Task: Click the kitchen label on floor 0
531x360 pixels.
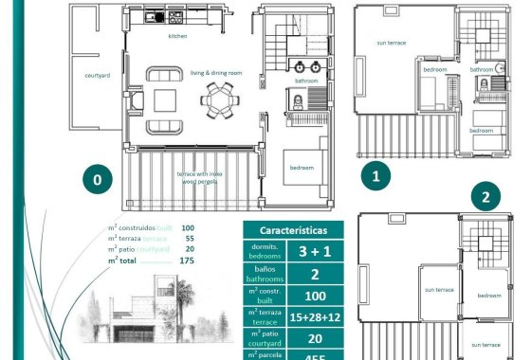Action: point(177,37)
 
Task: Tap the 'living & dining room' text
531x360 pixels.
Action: point(217,72)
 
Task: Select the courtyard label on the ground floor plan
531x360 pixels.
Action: point(84,74)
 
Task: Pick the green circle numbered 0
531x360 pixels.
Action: point(97,178)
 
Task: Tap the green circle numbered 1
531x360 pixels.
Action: point(375,175)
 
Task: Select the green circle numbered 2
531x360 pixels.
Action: point(486,198)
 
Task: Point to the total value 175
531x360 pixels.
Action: point(187,261)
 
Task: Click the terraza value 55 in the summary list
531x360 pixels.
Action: point(188,239)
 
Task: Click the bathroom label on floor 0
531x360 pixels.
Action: point(306,81)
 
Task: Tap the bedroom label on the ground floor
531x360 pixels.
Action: point(302,168)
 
